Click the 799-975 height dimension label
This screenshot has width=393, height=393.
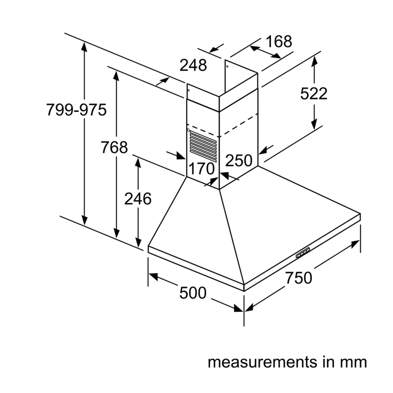pyautogui.click(x=77, y=110)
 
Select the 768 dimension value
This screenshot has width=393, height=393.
pyautogui.click(x=114, y=147)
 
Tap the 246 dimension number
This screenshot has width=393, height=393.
pyautogui.click(x=138, y=198)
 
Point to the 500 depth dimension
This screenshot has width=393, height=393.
pyautogui.click(x=193, y=292)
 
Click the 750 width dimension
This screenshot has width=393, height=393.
pyautogui.click(x=299, y=278)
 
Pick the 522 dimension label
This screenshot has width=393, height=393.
pyautogui.click(x=314, y=93)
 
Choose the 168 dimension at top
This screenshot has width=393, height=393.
pyautogui.click(x=279, y=41)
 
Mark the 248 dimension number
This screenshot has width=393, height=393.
pyautogui.click(x=193, y=65)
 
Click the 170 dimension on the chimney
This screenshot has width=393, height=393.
pyautogui.click(x=201, y=168)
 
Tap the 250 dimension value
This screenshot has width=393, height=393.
pyautogui.click(x=239, y=160)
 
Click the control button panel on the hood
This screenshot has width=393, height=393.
pyautogui.click(x=303, y=253)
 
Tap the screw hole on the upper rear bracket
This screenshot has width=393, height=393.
pyautogui.click(x=227, y=66)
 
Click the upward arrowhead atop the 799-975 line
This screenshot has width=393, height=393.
pyautogui.click(x=84, y=47)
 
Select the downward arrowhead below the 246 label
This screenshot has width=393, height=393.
pyautogui.click(x=138, y=242)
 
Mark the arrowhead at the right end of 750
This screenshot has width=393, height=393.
pyautogui.click(x=355, y=244)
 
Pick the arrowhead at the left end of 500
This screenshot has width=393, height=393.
pyautogui.click(x=153, y=276)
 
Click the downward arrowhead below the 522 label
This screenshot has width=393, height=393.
pyautogui.click(x=314, y=125)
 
